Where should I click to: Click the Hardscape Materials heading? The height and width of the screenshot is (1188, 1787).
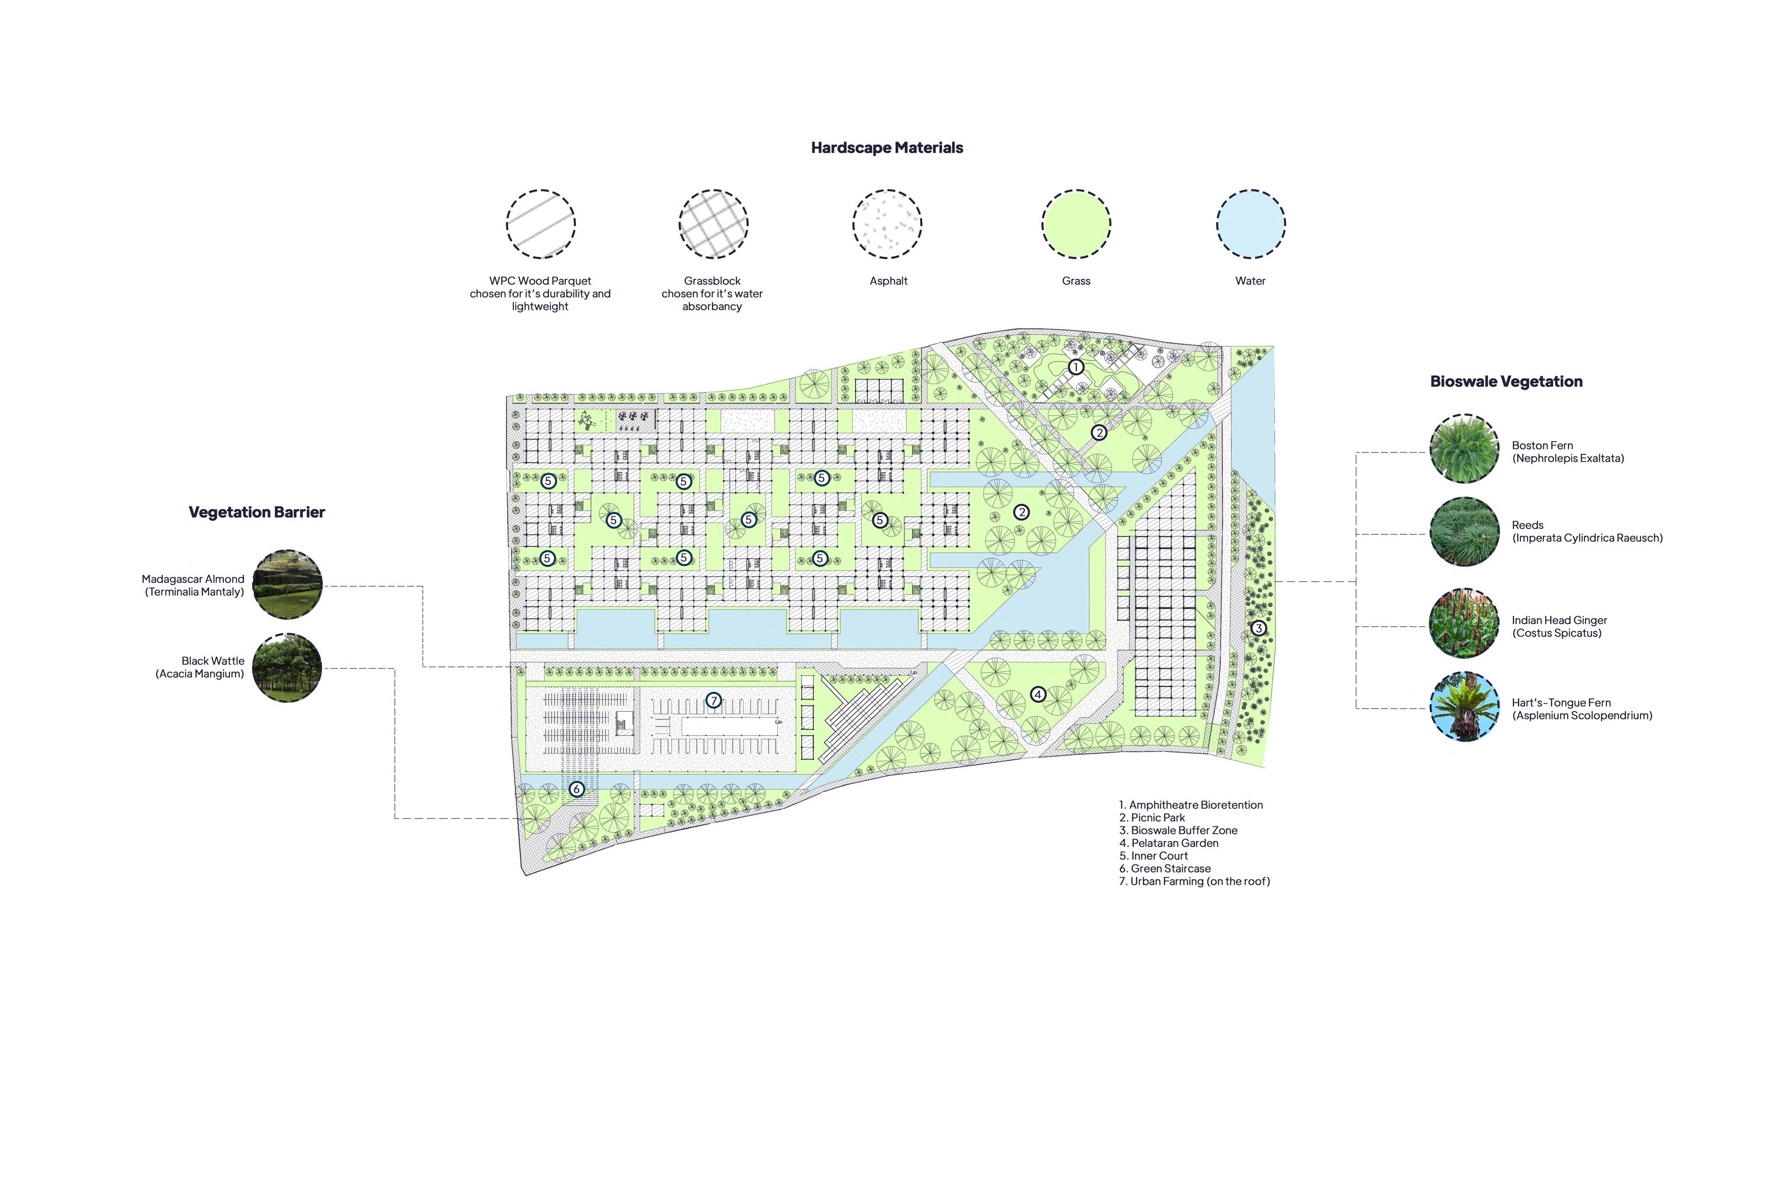coord(886,148)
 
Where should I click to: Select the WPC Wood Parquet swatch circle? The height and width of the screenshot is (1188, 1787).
coord(540,223)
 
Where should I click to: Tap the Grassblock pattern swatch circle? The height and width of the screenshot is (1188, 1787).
coord(713,223)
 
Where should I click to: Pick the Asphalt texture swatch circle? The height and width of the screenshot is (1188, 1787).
coord(887,223)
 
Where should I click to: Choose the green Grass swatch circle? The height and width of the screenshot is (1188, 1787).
coord(1076,223)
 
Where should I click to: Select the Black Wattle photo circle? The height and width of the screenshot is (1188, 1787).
coord(287,668)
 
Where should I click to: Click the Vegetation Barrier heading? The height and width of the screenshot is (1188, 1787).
coord(257,512)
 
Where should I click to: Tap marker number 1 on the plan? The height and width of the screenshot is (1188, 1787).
coord(1076,367)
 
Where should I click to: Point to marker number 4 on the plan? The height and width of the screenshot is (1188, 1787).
coord(1038,694)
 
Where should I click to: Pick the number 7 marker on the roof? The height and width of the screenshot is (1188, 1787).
coord(713,701)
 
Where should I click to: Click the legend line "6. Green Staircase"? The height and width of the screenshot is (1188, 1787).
coord(1164,868)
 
